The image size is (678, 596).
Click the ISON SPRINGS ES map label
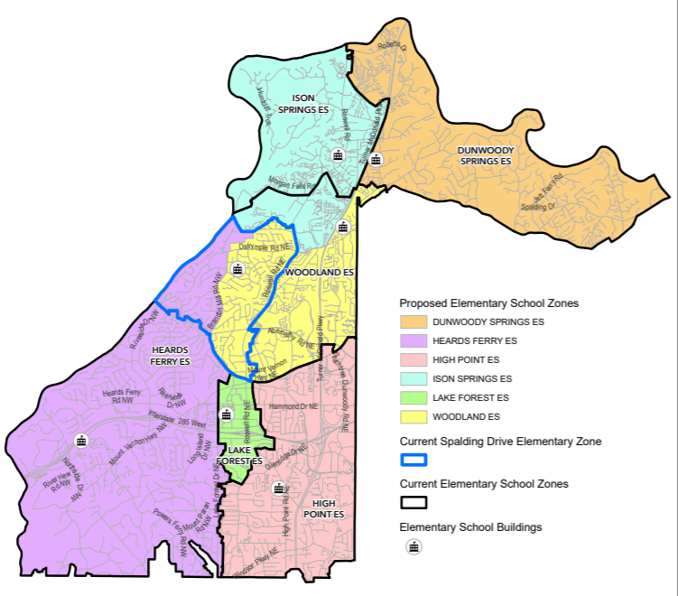(309, 103)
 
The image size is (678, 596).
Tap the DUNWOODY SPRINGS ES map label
(484, 155)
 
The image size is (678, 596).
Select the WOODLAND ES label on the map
(320, 271)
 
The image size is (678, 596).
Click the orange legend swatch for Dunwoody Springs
(413, 321)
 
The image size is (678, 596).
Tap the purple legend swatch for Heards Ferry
(413, 340)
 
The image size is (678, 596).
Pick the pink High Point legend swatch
(413, 359)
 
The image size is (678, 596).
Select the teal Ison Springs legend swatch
(413, 378)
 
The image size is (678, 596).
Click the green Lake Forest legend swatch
(413, 397)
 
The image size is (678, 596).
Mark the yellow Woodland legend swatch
(413, 416)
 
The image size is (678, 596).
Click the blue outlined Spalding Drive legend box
(413, 460)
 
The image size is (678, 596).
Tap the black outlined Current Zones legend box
(413, 503)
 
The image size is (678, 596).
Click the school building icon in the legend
(413, 546)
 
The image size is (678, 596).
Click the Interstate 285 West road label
(178, 419)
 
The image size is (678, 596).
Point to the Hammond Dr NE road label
(293, 407)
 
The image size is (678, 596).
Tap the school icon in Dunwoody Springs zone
(376, 159)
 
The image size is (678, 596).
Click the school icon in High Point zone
(278, 489)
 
